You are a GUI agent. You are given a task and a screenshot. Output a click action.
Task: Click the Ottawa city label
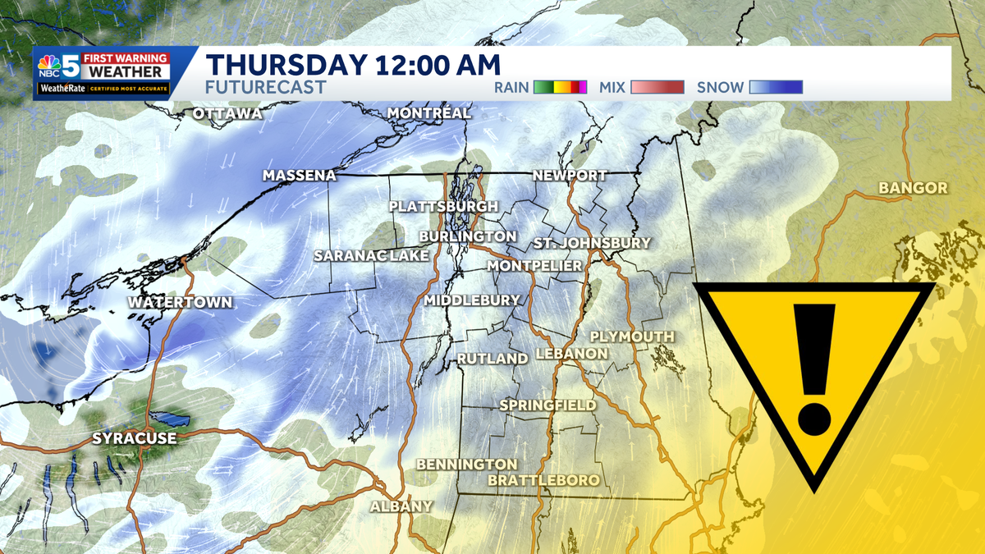227,113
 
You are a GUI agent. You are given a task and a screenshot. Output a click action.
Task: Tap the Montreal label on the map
428,112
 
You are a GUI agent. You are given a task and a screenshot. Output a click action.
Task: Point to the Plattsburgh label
443,206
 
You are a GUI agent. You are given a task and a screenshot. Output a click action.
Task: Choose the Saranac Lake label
372,256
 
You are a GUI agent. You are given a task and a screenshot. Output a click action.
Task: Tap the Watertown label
180,303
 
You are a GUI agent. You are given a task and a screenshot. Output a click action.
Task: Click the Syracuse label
134,438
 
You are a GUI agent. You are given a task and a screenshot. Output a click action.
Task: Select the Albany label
401,506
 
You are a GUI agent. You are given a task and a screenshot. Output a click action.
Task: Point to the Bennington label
466,465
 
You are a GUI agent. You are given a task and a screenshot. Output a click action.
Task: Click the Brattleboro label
543,479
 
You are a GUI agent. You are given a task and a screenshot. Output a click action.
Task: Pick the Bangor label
913,189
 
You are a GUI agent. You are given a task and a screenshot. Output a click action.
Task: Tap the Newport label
569,176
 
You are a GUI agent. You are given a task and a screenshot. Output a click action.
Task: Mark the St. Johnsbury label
591,243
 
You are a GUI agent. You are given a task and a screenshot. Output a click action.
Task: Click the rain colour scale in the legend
560,87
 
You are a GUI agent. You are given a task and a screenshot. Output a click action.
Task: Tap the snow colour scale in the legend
776,87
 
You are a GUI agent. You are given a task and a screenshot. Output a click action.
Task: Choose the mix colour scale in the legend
657,87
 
